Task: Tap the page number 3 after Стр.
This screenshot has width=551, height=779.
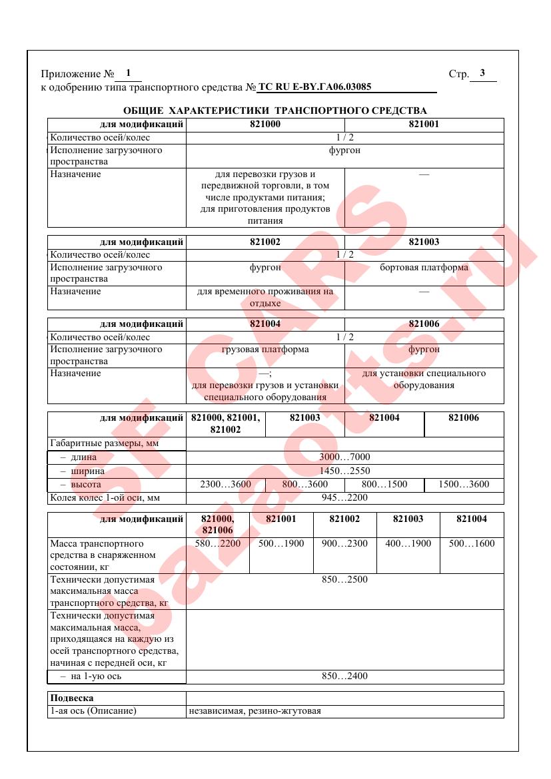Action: (x=482, y=73)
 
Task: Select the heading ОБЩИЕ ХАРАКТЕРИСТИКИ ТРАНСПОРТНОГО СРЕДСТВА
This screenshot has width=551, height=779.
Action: (x=275, y=111)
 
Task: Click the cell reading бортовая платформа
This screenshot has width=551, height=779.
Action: (x=424, y=268)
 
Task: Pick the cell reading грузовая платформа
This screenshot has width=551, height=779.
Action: (x=265, y=350)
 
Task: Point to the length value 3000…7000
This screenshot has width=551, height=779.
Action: (x=344, y=457)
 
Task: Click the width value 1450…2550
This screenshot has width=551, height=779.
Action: (x=344, y=471)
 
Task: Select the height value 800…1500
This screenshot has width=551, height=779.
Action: (x=384, y=485)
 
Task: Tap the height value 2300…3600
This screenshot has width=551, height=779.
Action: (x=225, y=485)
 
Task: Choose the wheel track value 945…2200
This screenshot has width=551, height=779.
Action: (x=344, y=497)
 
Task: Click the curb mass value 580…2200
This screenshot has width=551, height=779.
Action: (x=217, y=544)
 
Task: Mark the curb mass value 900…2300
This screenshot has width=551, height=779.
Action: (x=344, y=544)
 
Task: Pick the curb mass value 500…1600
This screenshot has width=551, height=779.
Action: (x=472, y=544)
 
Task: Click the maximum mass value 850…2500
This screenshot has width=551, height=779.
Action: (x=344, y=580)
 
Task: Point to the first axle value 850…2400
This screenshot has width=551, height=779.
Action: (x=344, y=676)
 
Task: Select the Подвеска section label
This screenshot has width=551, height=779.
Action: (x=72, y=698)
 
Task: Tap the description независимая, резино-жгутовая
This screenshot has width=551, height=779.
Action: (x=255, y=711)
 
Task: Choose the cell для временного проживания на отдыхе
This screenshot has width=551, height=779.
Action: (x=265, y=297)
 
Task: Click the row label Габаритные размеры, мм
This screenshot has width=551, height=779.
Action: (x=98, y=443)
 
